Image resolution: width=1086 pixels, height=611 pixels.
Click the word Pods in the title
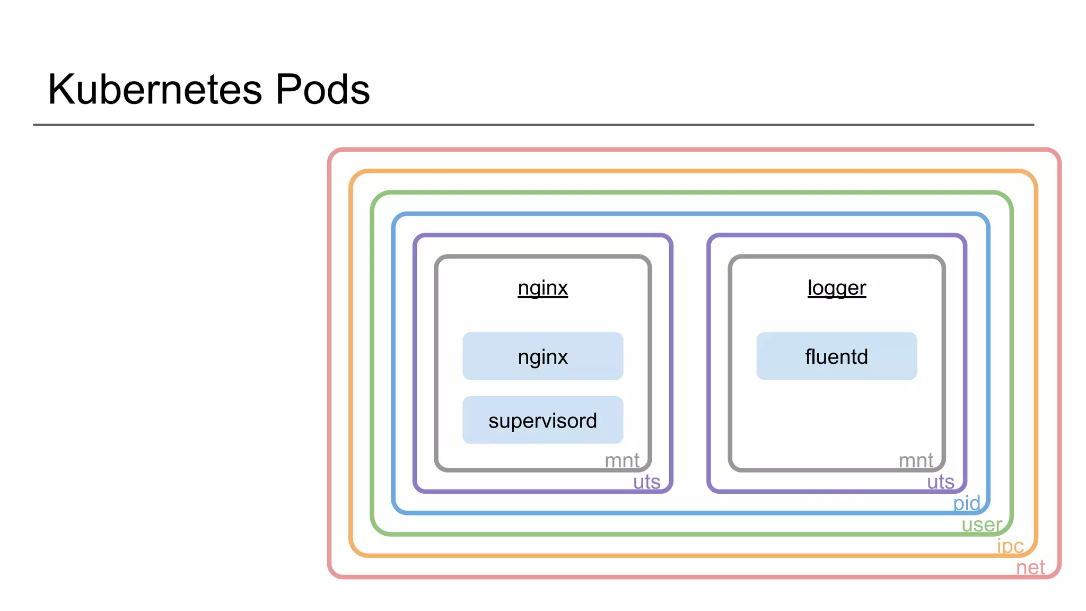[x=322, y=90]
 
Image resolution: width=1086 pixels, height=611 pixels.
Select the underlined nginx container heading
[x=542, y=288]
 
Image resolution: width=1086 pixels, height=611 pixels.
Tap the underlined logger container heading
[x=836, y=288]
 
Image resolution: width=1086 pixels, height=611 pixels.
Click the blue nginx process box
[x=542, y=356]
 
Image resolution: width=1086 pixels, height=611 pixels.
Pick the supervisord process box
[x=542, y=420]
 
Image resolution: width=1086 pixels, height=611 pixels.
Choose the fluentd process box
[x=836, y=356]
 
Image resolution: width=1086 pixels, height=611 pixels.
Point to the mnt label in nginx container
[x=622, y=460]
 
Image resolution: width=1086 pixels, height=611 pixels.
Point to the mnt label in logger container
[x=916, y=460]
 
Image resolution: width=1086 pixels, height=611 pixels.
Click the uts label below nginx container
[x=646, y=482]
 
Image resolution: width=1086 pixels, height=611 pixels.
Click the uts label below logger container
[x=940, y=482]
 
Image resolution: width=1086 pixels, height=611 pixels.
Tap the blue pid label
[x=966, y=503]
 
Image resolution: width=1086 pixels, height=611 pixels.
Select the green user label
[x=982, y=525]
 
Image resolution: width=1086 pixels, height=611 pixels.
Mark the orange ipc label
[x=1010, y=546]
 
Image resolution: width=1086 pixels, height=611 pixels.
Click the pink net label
[x=1030, y=568]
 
